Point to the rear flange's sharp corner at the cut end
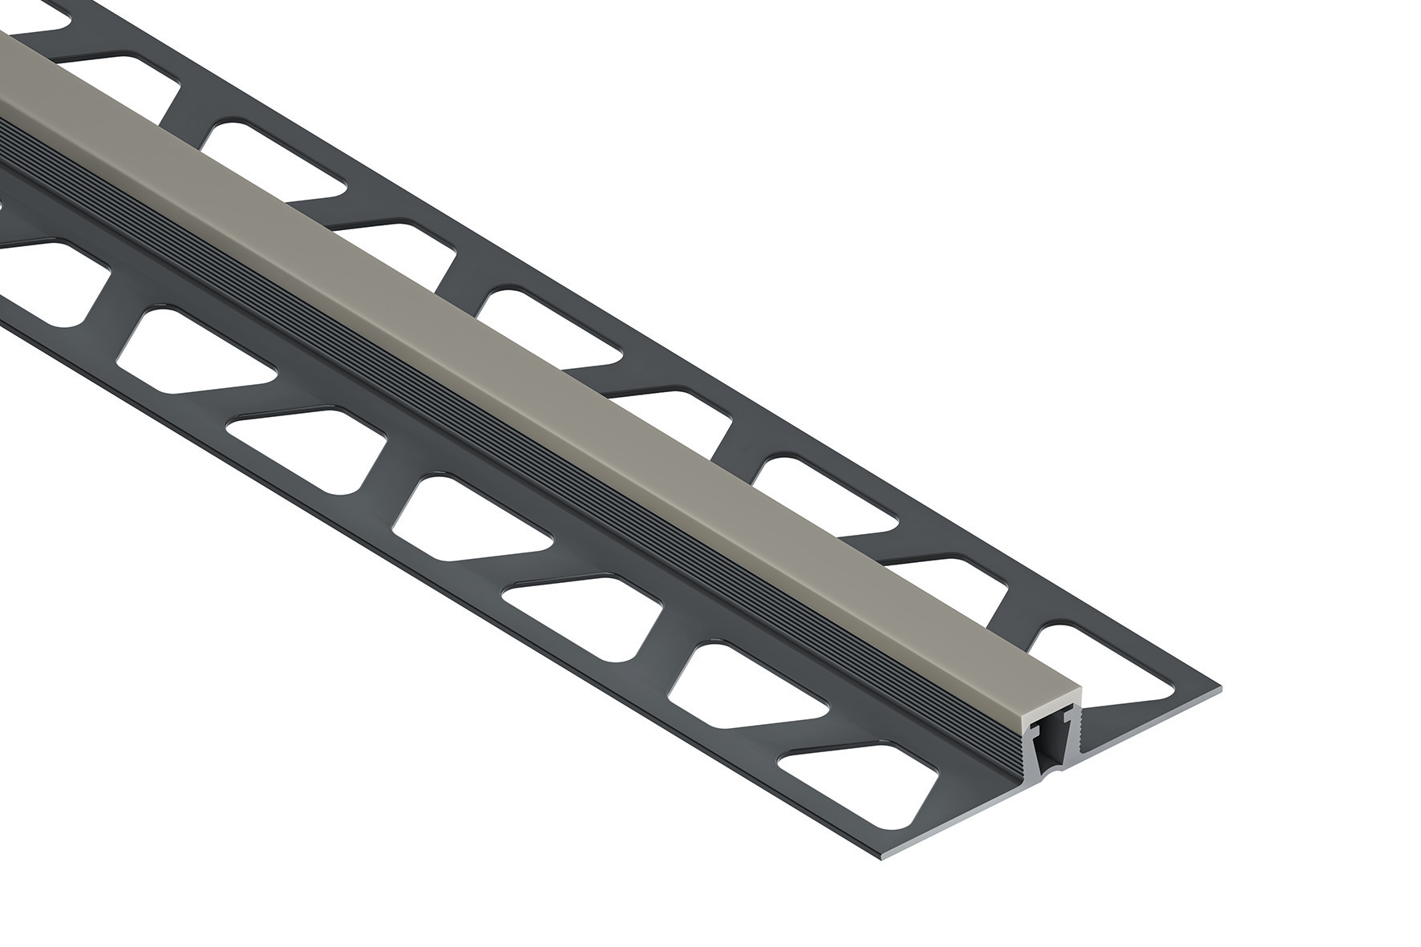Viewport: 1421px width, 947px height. [1219, 688]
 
